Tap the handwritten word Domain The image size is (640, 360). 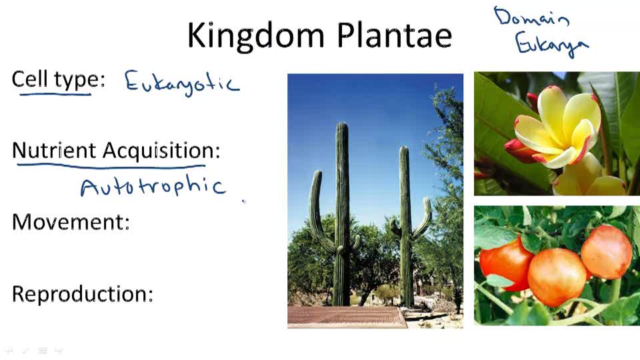[531, 18]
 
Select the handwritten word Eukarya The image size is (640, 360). [551, 45]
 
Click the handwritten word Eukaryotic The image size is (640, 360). [181, 83]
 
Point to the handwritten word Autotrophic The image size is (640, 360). [153, 186]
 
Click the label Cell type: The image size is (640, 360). [58, 79]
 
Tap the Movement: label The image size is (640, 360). [71, 221]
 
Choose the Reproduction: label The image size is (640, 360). [83, 293]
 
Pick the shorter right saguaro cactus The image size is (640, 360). [405, 227]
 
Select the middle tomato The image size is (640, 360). [557, 276]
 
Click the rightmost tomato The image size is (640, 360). [606, 251]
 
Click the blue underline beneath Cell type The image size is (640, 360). [55, 94]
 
